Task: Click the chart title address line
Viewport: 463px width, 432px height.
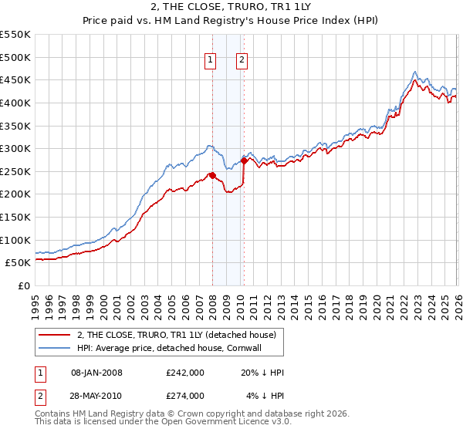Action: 231,8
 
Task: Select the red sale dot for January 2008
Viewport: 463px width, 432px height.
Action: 212,175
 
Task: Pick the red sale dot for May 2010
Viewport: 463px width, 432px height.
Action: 244,160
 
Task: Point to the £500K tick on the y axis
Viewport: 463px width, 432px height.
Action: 15,57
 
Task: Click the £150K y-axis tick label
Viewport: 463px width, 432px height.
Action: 15,217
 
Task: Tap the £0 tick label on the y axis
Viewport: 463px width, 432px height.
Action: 23,285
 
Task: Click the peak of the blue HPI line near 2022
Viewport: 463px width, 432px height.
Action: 415,71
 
